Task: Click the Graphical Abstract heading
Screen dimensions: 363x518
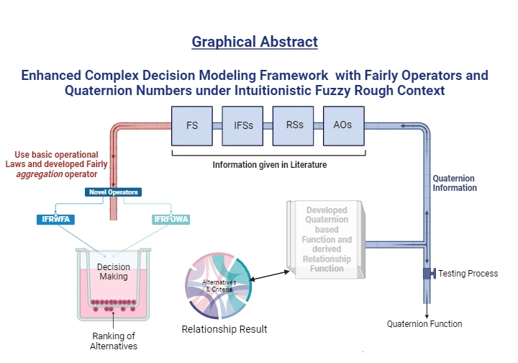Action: tap(255, 41)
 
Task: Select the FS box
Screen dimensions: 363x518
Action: tap(192, 125)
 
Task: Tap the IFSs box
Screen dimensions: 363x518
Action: tap(242, 125)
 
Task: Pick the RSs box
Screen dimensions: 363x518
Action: tap(294, 125)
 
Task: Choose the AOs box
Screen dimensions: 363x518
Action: tap(343, 125)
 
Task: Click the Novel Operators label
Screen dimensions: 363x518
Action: tap(113, 192)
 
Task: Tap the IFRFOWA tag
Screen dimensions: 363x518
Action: tap(171, 219)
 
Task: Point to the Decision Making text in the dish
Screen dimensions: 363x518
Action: tap(113, 272)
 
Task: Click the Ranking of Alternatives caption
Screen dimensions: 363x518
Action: tap(114, 341)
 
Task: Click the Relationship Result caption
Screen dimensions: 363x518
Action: tap(224, 329)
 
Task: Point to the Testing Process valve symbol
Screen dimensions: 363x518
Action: tap(428, 274)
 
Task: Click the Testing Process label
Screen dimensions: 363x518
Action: tap(468, 274)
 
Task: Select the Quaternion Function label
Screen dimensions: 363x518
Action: tap(424, 323)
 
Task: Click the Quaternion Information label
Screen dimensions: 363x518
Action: tap(455, 183)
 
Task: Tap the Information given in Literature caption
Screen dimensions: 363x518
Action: tap(269, 165)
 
